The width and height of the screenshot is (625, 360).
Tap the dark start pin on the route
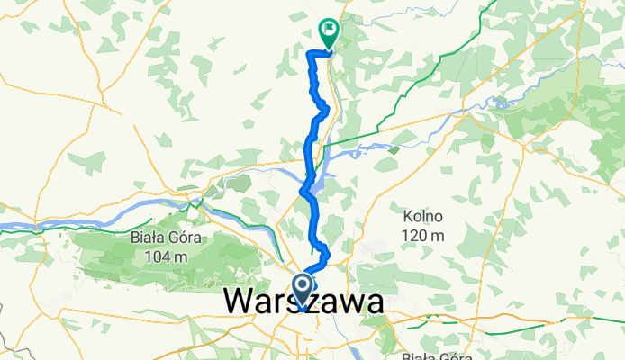tap(302, 289)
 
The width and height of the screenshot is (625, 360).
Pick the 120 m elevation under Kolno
tap(425, 236)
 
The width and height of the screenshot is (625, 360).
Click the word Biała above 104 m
tap(146, 239)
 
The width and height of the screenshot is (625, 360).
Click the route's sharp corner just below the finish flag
tap(311, 55)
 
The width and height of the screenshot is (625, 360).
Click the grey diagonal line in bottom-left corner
tap(9, 347)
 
